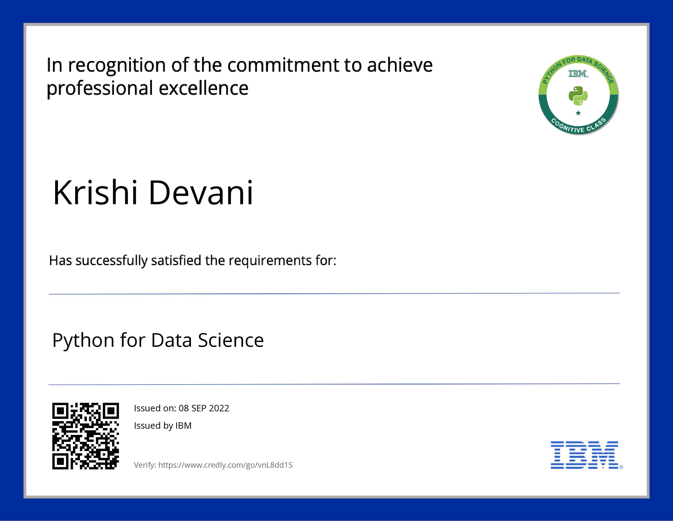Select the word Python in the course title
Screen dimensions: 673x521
pos(84,341)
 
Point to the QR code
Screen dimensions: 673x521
pos(85,436)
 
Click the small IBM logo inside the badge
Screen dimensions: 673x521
pos(578,74)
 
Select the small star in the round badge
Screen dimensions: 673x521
pos(578,113)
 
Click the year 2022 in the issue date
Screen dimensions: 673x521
pos(219,408)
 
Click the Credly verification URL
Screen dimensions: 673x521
pos(225,465)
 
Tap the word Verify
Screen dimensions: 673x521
pos(145,465)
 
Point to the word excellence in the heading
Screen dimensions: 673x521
pos(204,88)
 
